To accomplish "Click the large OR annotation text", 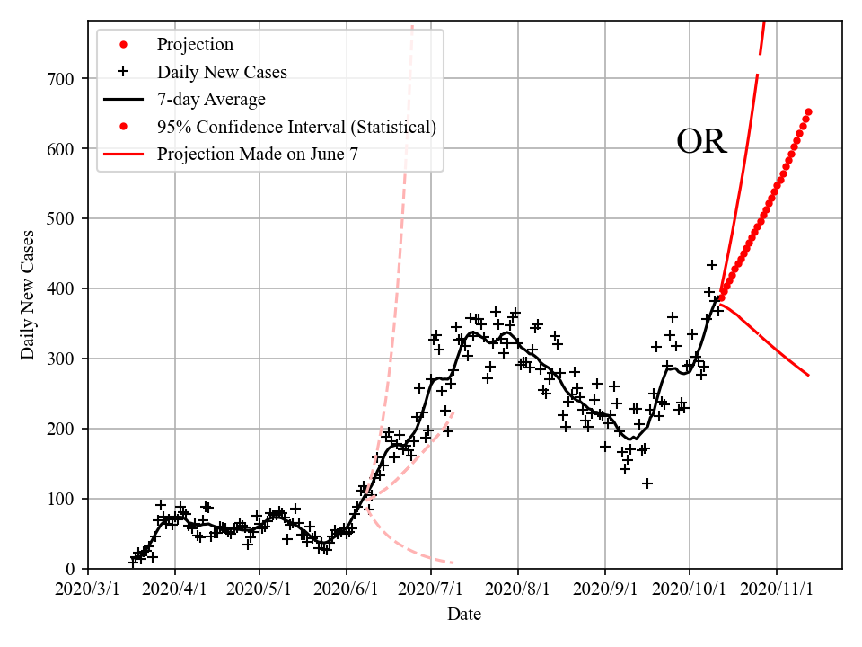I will (700, 142).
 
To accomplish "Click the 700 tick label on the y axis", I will (64, 79).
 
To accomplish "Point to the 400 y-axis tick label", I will (64, 289).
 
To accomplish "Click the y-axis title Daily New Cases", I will (29, 295).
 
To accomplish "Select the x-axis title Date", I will (464, 615).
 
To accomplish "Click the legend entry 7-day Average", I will (210, 99).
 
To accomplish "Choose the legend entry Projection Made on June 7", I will (257, 155).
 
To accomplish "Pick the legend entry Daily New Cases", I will (222, 72).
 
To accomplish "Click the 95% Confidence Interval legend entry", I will (296, 127).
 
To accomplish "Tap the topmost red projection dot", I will (808, 112).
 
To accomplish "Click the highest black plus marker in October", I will (712, 265).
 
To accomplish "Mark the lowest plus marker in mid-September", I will (647, 483).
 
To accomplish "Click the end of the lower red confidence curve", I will (808, 375).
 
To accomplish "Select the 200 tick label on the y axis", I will (64, 430).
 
